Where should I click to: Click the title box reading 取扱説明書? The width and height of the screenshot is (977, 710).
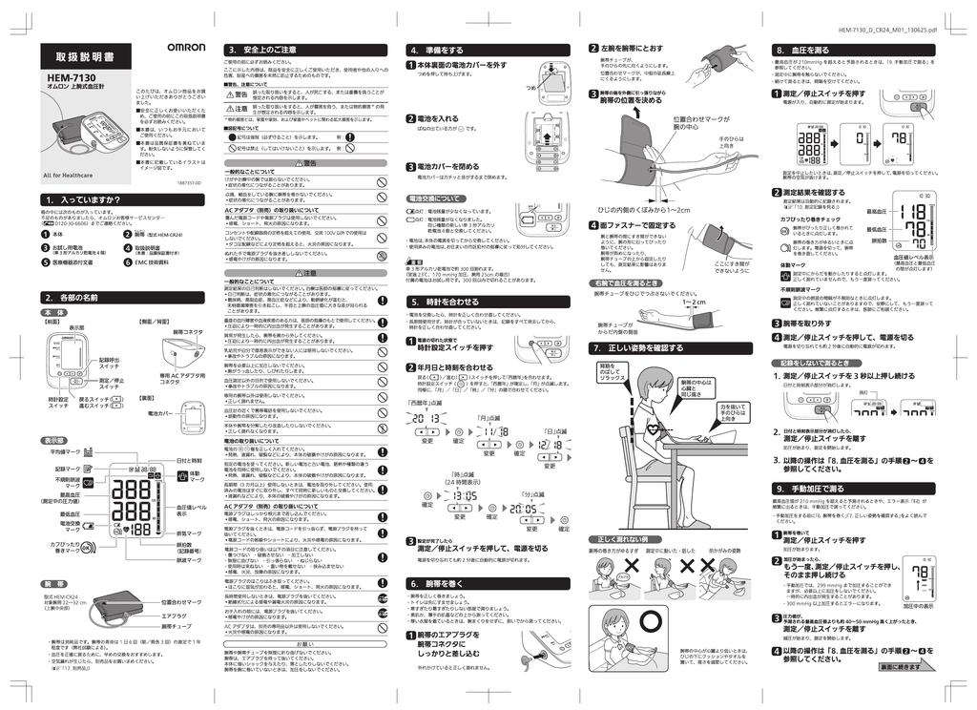(83, 57)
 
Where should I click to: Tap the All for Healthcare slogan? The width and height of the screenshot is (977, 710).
(68, 175)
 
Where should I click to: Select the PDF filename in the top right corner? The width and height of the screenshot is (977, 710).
(888, 31)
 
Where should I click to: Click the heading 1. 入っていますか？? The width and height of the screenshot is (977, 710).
(86, 199)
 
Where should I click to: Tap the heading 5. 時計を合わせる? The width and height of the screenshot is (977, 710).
(443, 301)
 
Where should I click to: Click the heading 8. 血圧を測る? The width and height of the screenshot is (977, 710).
(802, 50)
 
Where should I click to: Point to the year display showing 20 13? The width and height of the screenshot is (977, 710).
(427, 417)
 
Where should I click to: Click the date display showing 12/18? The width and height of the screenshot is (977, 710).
(550, 445)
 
